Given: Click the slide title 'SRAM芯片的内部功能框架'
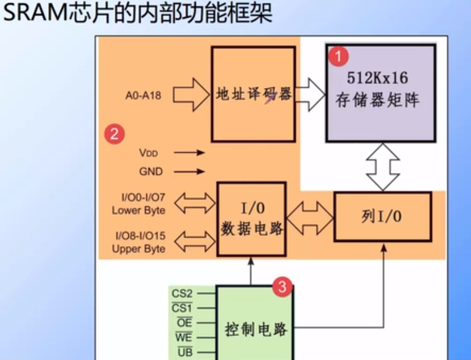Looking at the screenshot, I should pos(137,14).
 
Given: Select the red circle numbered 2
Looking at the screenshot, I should pos(114,134).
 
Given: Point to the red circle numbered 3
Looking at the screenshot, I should pos(282,286).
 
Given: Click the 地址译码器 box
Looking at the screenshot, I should pos(253,94).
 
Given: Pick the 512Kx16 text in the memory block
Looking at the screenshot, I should pos(377,77).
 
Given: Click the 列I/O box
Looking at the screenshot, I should pos(382,217).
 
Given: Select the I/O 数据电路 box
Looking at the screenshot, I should pos(252,219).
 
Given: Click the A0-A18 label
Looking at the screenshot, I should pos(143,95).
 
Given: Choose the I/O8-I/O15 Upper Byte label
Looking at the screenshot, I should pos(140,242).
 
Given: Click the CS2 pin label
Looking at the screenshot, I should pos(182,294).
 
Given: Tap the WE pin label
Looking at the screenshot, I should pos(183,338).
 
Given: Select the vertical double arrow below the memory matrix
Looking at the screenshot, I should pos(383,167).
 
